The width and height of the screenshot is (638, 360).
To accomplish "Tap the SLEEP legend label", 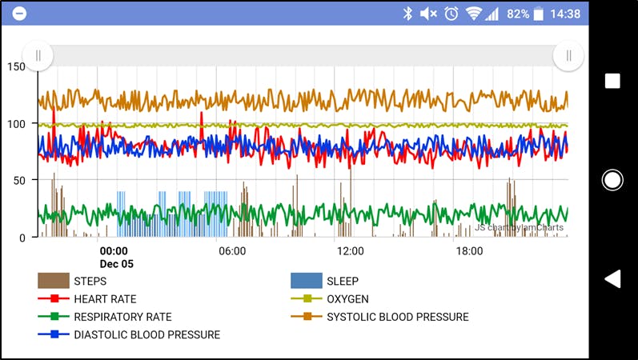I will point(342,281).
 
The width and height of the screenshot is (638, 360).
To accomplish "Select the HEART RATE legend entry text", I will point(105,299).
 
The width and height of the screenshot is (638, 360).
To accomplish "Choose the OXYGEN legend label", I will point(347,299).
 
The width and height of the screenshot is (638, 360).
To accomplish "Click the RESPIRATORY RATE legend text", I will point(122,317).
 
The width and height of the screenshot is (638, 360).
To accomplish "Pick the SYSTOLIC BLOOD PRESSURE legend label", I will point(397,317).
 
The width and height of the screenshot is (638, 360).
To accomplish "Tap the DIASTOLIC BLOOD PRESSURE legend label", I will point(146,334).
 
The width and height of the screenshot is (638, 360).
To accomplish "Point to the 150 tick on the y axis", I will point(16,66).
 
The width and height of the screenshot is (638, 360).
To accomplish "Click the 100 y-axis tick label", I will point(16,123).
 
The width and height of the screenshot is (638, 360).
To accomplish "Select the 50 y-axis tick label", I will point(19,180).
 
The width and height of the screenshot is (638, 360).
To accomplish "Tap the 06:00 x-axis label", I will point(232,251).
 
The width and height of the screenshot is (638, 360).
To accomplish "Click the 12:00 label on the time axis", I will point(351,251).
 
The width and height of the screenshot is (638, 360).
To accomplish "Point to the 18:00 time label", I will point(469,251).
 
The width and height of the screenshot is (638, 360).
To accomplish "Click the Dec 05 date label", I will point(117,263).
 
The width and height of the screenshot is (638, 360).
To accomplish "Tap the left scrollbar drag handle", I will point(38,55).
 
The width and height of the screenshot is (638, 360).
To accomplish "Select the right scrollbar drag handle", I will point(568,55).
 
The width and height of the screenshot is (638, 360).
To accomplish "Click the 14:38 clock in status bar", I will point(566,14).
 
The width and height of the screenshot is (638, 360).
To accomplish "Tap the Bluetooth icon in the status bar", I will point(407,14).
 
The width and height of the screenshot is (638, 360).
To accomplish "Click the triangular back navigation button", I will point(612,278).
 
